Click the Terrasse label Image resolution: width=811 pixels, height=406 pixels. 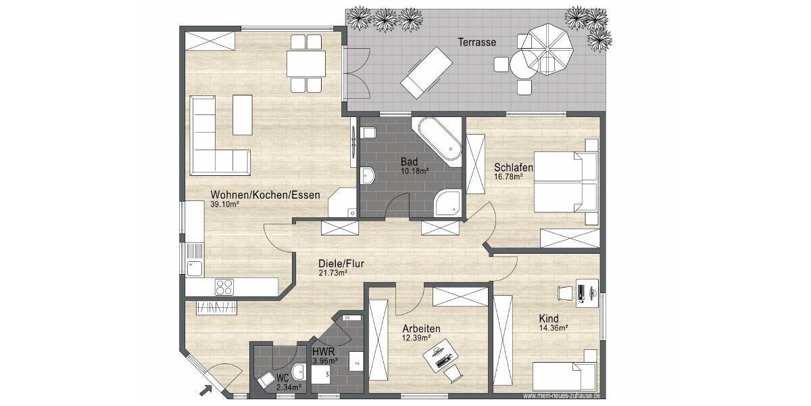coord(476,42)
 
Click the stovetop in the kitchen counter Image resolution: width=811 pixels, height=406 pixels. coord(224,287)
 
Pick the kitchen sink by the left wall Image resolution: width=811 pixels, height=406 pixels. coord(195,268)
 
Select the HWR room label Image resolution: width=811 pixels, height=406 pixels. coord(324,352)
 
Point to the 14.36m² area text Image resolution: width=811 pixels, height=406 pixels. coord(553,328)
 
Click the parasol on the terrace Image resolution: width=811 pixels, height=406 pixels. coord(549,45)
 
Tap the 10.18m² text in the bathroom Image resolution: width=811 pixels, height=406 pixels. coord(416,171)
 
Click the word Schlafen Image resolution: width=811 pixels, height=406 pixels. coord(514,168)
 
